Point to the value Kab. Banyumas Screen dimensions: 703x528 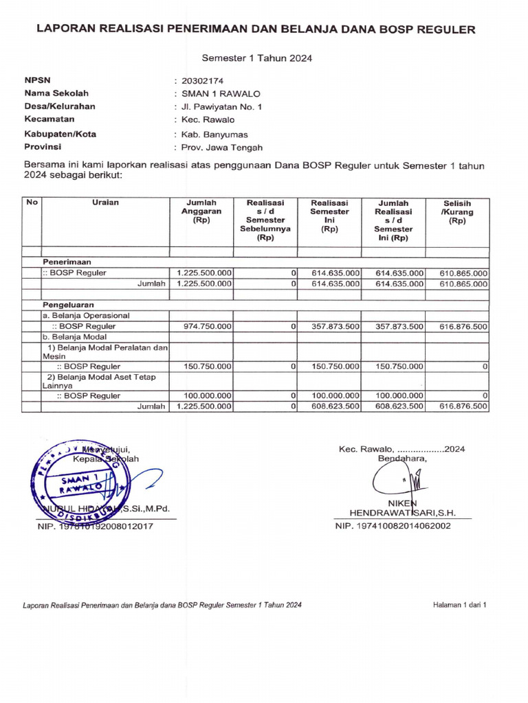(x=214, y=135)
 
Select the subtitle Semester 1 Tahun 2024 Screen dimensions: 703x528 (x=257, y=58)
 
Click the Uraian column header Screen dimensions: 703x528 (x=106, y=203)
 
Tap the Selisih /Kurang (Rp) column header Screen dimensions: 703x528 (x=457, y=212)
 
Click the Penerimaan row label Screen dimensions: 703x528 (x=67, y=262)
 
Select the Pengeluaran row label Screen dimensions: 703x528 (x=69, y=303)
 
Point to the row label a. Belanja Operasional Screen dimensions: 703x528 (x=87, y=315)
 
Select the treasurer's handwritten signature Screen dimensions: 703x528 (x=399, y=479)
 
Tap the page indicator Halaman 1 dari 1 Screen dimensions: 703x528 (x=459, y=605)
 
